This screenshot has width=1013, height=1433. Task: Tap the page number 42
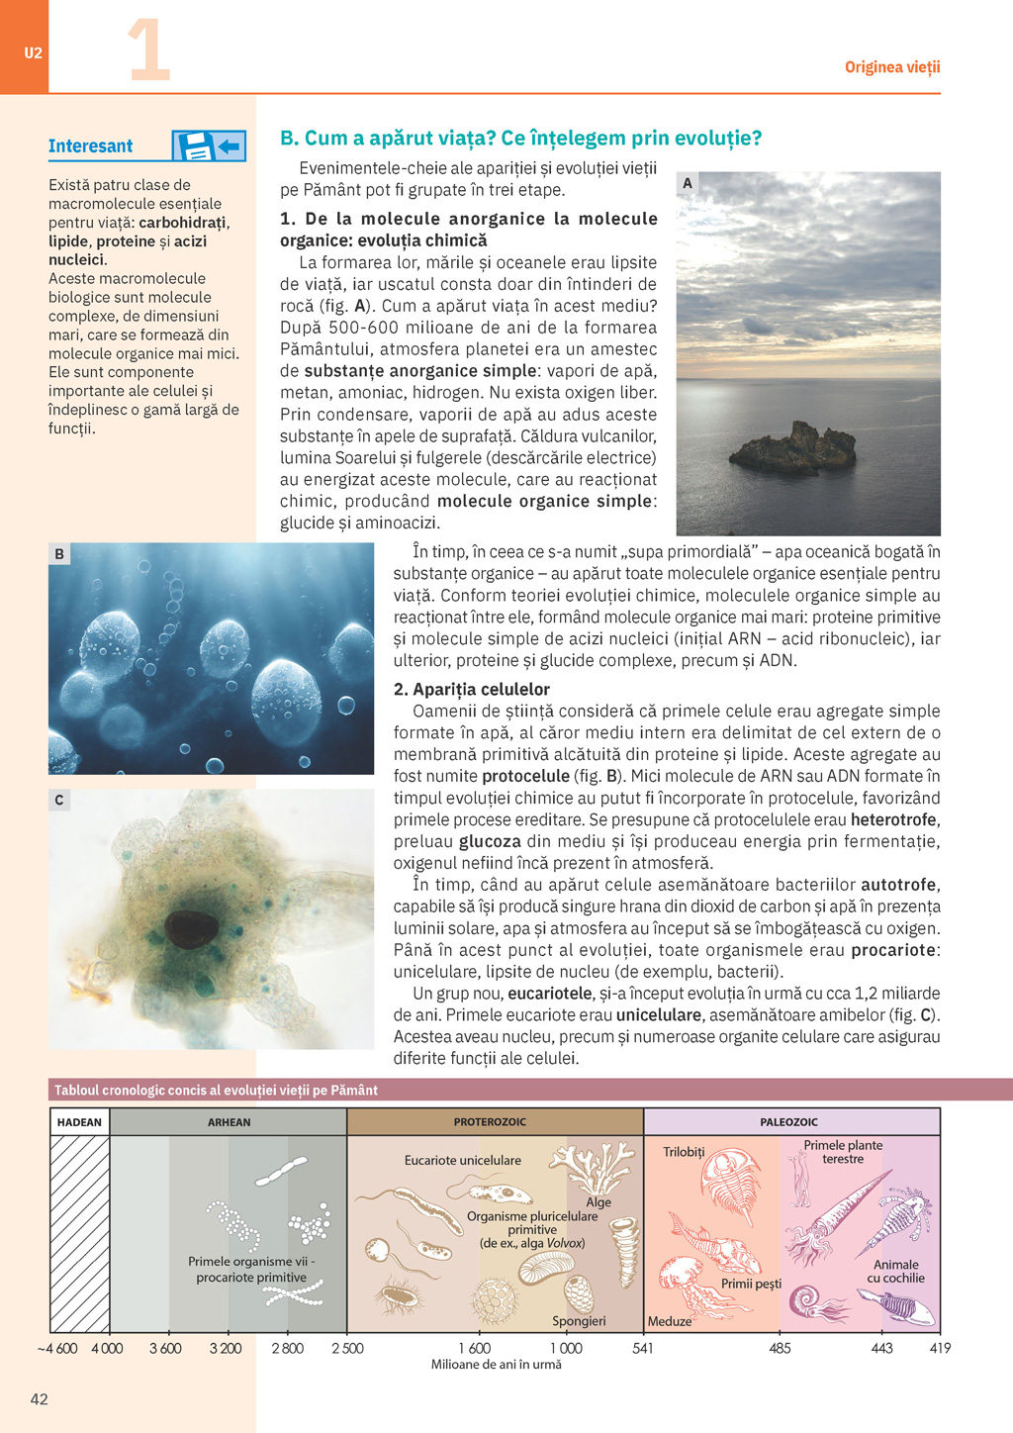click(x=40, y=1398)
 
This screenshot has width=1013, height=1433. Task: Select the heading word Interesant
click(x=90, y=146)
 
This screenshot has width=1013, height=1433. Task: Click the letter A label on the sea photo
click(x=688, y=183)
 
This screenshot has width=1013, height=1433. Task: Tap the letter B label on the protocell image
click(x=59, y=554)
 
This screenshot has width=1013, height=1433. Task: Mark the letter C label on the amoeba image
click(x=59, y=800)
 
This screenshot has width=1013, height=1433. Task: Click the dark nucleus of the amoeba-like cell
click(x=191, y=928)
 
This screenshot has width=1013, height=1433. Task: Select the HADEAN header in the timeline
click(x=79, y=1122)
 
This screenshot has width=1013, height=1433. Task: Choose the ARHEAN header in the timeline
click(x=229, y=1122)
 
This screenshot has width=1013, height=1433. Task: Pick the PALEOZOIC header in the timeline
click(x=788, y=1122)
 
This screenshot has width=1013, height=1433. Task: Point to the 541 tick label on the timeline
click(x=643, y=1348)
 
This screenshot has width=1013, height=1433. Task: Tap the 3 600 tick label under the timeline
click(x=165, y=1348)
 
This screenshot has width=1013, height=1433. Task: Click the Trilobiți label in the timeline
click(x=684, y=1152)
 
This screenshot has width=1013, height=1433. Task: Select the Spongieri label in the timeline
click(x=579, y=1321)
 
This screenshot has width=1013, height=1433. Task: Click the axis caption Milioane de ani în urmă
click(x=496, y=1365)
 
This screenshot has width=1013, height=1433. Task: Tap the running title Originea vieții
click(x=891, y=67)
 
